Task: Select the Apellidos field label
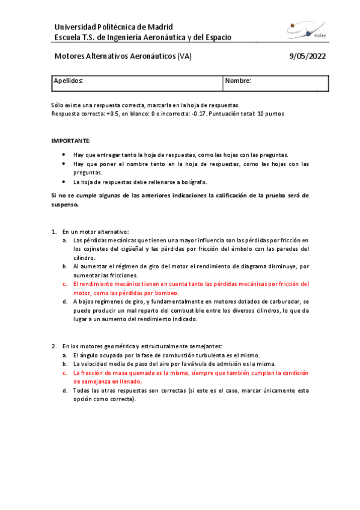(68, 81)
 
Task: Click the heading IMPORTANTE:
(70, 140)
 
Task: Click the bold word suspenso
(65, 204)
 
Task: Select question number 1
(53, 232)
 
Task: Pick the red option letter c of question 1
(65, 283)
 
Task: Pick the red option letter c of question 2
(65, 372)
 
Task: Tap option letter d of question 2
(65, 390)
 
